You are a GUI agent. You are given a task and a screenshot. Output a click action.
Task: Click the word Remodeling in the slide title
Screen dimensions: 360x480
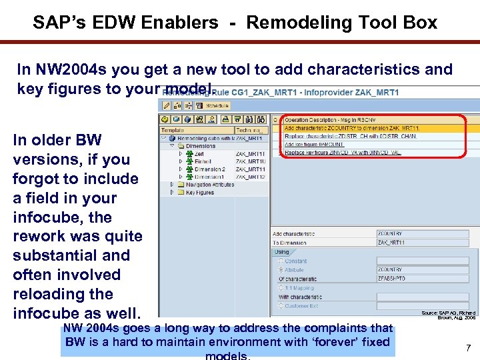pos(289,23)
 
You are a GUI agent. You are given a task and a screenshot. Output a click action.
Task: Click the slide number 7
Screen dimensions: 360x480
pos(468,347)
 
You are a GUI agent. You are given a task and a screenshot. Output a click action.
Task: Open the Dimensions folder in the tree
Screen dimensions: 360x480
pos(200,146)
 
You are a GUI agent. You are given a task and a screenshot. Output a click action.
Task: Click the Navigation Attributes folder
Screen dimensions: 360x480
pos(205,184)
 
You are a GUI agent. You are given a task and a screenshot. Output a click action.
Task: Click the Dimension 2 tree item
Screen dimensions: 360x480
pos(209,169)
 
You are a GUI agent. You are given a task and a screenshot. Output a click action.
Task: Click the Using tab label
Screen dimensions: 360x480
pos(282,252)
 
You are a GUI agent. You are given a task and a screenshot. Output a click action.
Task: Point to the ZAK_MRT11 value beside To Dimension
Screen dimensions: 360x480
pos(393,243)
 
